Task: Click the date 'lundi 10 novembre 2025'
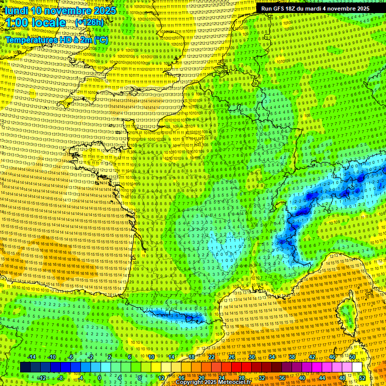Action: point(60,10)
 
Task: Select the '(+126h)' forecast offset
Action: point(89,23)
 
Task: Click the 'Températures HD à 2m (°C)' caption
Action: point(57,40)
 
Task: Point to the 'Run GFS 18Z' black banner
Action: point(315,9)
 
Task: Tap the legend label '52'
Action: point(362,377)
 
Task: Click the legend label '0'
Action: point(99,377)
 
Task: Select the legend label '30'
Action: point(251,357)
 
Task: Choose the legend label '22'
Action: point(212,357)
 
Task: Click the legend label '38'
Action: point(292,357)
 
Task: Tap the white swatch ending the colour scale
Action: point(357,367)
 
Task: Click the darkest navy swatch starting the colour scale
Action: point(25,367)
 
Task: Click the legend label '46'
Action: point(332,357)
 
